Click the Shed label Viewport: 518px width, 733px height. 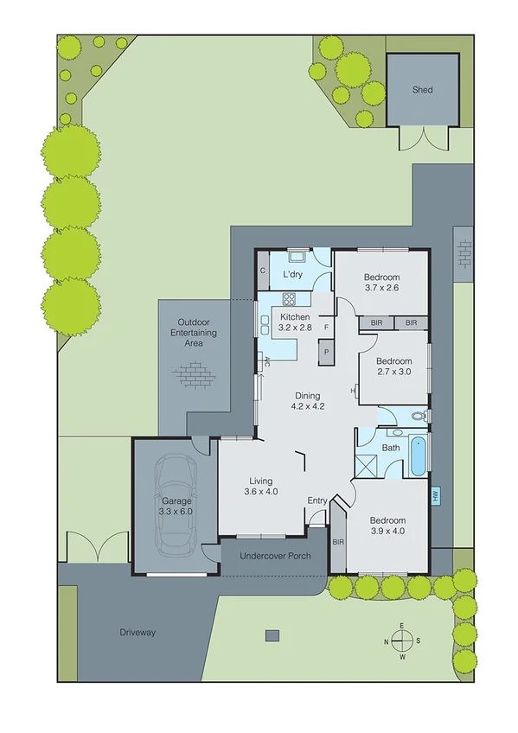coord(422,90)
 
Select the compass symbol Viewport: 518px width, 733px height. coord(401,641)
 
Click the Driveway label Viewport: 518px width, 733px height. coord(137,633)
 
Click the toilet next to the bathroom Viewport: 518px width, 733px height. coord(419,417)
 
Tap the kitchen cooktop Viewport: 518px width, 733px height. coord(289,300)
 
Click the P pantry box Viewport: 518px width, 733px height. coord(327,353)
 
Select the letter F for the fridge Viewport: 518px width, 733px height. coord(326,328)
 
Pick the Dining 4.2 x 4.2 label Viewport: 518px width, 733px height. coord(306,401)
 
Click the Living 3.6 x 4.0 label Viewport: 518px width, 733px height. coord(261,487)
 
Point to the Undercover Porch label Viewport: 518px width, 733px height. coord(273,556)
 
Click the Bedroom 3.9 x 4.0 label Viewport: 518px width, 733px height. coord(387,526)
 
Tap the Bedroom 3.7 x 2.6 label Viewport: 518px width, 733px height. coord(381,283)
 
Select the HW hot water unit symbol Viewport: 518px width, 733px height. coord(436,496)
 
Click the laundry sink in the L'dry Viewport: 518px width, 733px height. coord(297,255)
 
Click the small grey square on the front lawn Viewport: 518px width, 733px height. coord(272,635)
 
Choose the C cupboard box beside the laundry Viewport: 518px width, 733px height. coord(262,271)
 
